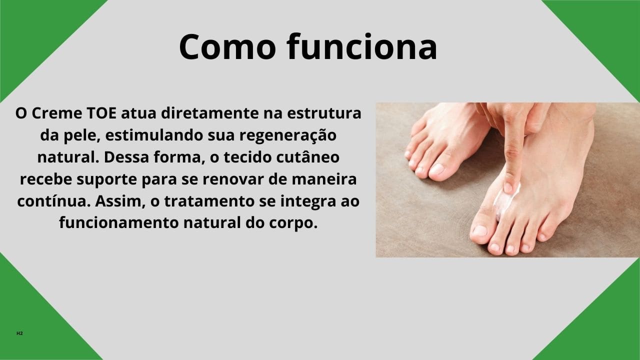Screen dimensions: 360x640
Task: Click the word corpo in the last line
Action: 296,223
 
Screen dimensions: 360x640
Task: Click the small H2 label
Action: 19,333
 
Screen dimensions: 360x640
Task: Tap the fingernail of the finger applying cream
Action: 508,187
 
